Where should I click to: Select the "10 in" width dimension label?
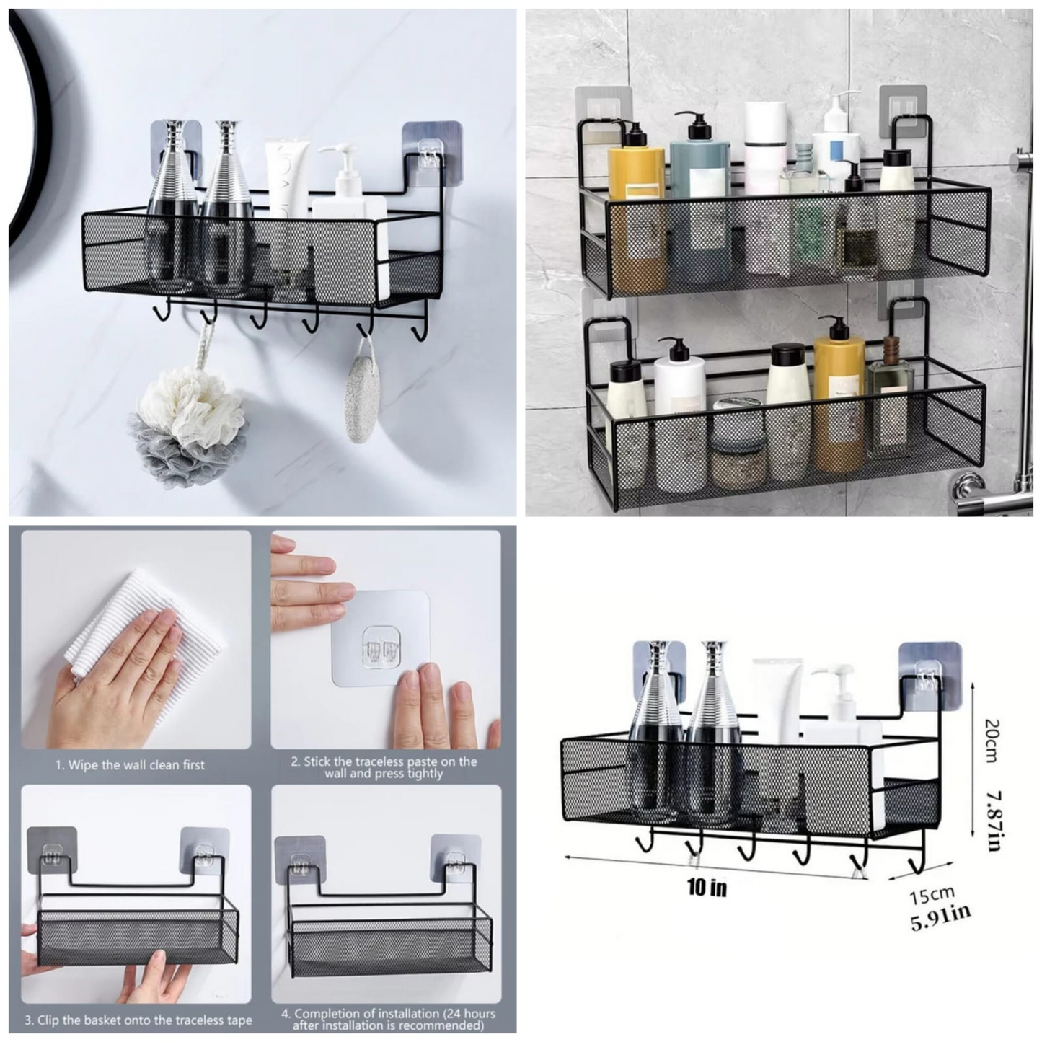707,887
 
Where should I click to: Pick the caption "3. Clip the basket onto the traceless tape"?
138,1020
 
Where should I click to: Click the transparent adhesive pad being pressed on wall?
380,638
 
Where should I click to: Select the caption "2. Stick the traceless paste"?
384,767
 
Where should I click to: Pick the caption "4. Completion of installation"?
388,1020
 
